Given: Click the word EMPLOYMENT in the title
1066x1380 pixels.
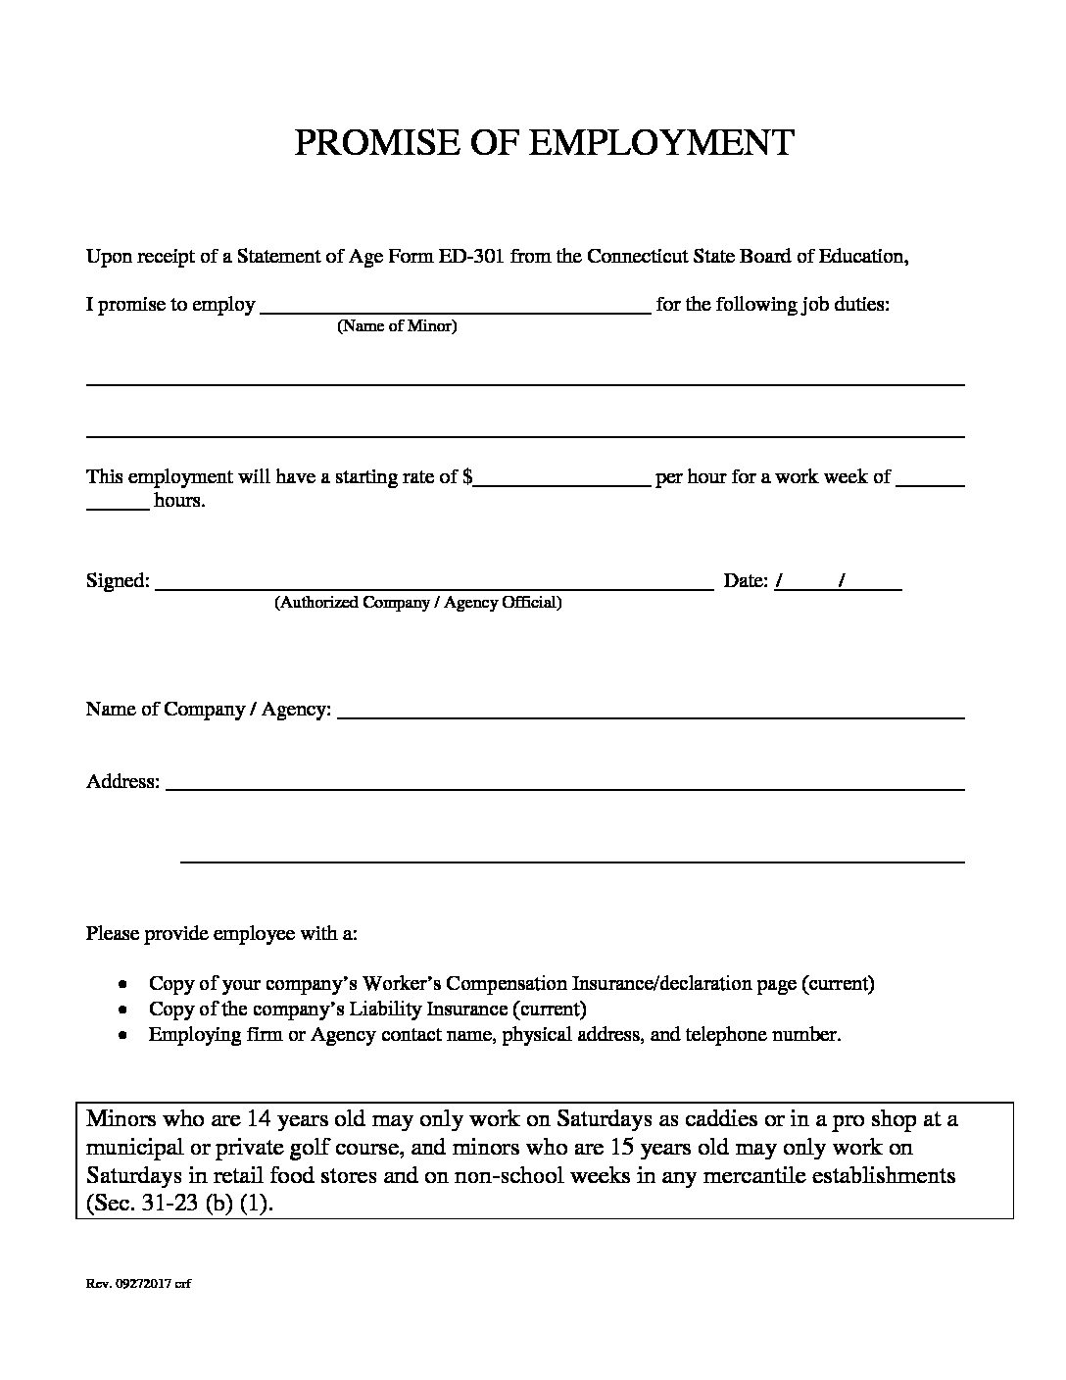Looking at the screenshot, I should (660, 143).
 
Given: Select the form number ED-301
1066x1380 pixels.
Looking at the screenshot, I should (473, 257).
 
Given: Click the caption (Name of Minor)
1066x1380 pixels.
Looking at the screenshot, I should (397, 326).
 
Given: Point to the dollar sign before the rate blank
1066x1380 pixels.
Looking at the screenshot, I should (468, 477).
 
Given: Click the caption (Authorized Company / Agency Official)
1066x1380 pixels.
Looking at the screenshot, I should (418, 603).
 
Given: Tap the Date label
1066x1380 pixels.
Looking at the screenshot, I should (745, 581).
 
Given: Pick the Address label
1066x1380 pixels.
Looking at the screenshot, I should (122, 782).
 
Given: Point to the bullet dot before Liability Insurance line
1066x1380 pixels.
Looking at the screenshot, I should (121, 1009).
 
